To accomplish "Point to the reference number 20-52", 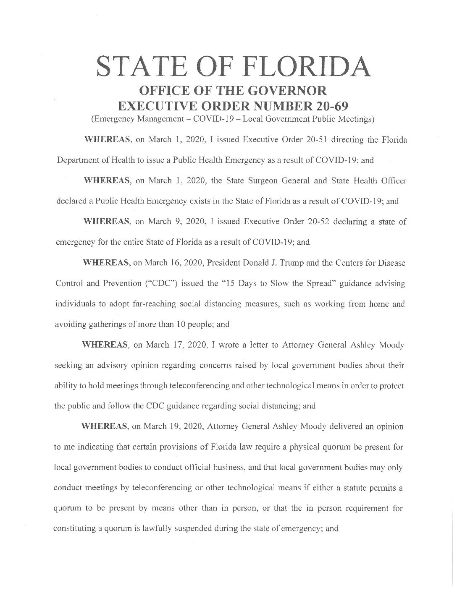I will pyautogui.click(x=316, y=222).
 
